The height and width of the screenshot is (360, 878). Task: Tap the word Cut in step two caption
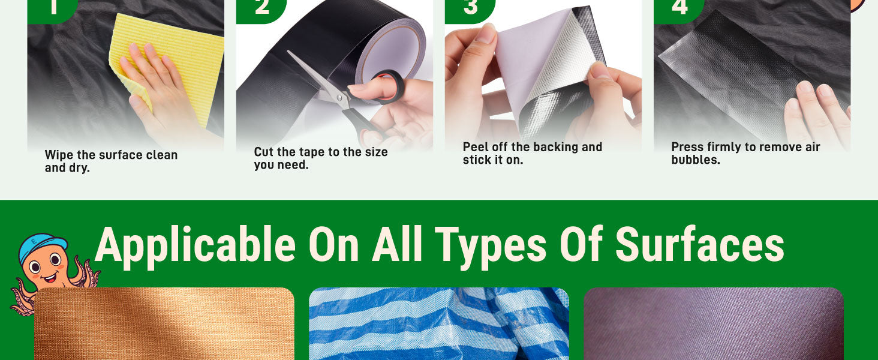point(263,152)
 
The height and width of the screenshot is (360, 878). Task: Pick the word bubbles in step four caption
point(696,160)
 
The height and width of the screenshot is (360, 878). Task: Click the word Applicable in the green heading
point(195,245)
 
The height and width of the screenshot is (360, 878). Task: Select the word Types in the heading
point(491,247)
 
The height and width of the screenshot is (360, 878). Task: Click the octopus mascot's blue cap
point(43,246)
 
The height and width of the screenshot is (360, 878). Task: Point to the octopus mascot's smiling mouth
point(50,278)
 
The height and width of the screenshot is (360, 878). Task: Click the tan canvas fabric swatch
point(164,323)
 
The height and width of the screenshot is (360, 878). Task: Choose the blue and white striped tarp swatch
point(439,323)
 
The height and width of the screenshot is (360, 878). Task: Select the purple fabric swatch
point(714,323)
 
